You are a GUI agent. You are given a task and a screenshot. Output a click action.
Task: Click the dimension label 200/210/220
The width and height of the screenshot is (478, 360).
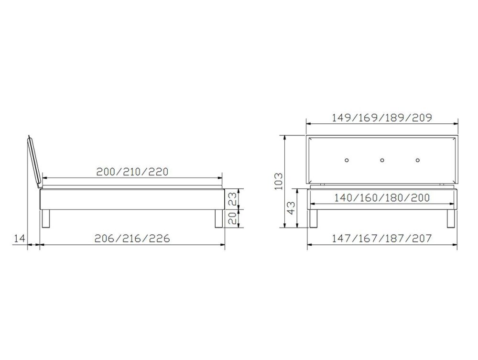click(132, 172)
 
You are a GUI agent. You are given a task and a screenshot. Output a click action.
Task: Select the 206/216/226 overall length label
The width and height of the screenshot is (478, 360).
click(132, 239)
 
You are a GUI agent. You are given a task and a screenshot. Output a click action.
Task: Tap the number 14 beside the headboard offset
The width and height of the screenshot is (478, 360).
click(20, 239)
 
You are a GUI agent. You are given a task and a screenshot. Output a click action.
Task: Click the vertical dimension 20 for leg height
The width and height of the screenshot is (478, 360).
click(233, 218)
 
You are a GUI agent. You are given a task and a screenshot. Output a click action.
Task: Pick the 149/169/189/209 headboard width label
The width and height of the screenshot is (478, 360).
click(381, 118)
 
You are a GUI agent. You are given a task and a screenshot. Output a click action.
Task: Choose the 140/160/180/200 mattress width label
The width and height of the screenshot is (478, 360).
click(382, 198)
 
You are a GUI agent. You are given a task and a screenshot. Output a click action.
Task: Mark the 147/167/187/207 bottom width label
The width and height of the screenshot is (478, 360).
click(381, 239)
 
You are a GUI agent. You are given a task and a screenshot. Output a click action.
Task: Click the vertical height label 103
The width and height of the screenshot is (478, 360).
click(279, 181)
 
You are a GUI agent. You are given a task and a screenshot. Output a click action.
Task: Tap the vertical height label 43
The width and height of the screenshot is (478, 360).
click(292, 207)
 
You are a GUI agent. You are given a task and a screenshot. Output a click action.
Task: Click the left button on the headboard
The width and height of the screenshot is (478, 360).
click(347, 160)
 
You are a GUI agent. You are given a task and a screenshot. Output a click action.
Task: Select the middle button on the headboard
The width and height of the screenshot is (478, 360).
click(382, 160)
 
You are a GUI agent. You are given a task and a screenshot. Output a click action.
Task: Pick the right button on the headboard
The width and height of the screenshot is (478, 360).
click(418, 160)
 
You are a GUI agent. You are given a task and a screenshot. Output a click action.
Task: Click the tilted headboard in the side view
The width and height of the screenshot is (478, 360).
click(34, 162)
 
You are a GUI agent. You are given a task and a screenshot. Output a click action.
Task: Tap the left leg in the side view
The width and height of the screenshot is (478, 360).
click(45, 218)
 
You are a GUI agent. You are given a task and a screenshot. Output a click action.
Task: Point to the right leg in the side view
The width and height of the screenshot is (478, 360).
click(218, 218)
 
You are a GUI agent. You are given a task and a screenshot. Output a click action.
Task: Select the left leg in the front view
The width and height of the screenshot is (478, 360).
click(313, 218)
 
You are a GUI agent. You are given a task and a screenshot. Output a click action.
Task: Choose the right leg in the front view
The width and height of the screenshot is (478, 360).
click(451, 218)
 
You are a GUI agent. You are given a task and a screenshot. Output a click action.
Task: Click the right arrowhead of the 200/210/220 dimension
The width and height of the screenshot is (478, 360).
click(219, 178)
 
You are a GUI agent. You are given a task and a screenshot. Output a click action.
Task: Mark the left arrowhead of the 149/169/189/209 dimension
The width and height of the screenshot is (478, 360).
click(309, 124)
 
